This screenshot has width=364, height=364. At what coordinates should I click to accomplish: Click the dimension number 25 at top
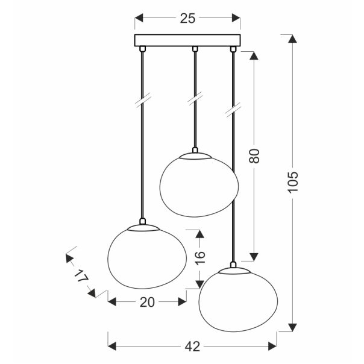(x=187, y=19)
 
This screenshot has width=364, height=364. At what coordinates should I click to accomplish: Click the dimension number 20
(x=146, y=302)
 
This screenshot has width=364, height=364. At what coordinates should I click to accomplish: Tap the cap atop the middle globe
(x=194, y=152)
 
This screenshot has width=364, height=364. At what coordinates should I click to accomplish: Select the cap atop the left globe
(x=142, y=224)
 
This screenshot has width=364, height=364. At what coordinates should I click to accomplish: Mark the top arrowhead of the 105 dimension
(x=292, y=39)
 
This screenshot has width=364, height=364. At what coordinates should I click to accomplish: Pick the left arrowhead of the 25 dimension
(x=138, y=19)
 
